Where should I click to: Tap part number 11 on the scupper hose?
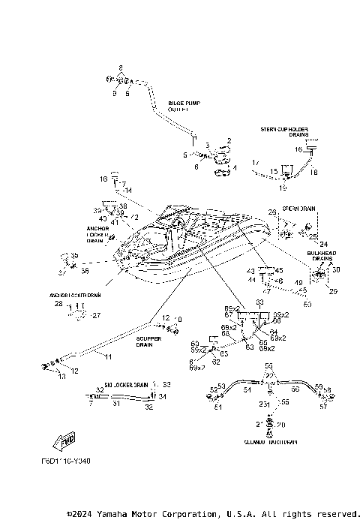coord(106,356)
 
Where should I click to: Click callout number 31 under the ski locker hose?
coord(115,403)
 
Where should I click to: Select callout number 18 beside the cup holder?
coord(314,172)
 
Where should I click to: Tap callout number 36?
coord(84,271)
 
